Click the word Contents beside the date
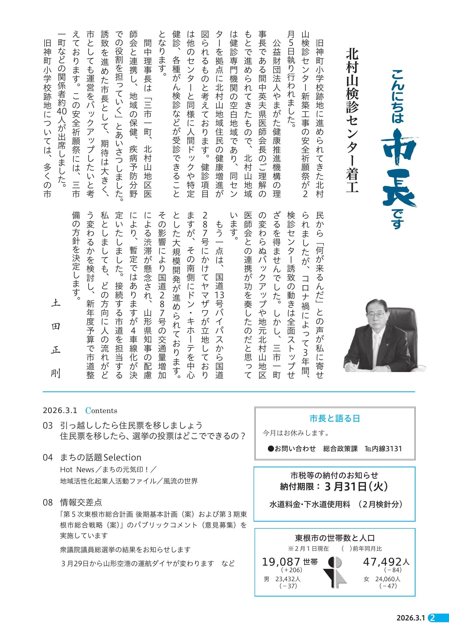point(101,411)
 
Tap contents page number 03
point(48,425)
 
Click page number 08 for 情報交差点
point(48,502)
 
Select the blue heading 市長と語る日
point(335,419)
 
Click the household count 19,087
point(281,562)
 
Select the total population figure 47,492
point(382,562)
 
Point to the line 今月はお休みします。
point(296,433)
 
